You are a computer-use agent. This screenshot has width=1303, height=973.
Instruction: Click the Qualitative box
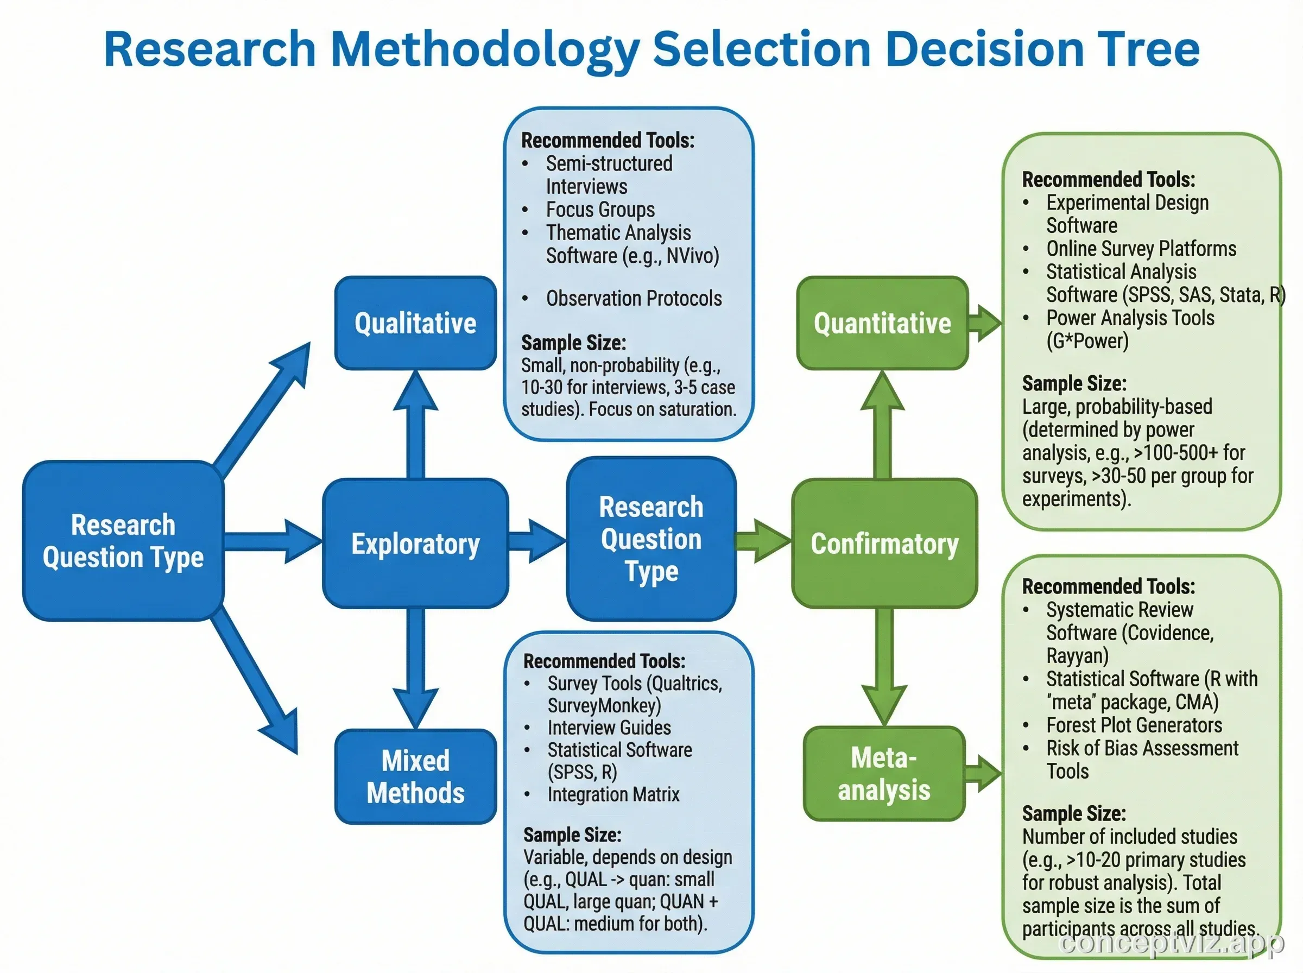[415, 323]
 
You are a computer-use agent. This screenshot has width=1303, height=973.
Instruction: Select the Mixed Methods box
[415, 776]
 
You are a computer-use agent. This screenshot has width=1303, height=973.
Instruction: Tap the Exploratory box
[415, 543]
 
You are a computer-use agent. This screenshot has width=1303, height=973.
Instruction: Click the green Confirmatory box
[884, 543]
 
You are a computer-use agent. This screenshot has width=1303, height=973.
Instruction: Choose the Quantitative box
[882, 323]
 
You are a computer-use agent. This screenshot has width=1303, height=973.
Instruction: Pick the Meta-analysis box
[884, 773]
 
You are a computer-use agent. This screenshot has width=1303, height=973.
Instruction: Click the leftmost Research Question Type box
[123, 541]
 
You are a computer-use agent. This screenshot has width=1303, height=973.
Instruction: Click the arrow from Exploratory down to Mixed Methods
[416, 668]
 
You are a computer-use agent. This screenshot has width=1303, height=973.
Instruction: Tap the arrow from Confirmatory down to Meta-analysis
[884, 666]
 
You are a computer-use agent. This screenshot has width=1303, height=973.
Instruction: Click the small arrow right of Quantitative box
[984, 323]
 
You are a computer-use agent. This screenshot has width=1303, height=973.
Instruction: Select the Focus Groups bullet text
[599, 210]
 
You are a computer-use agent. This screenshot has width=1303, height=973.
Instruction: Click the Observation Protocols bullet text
[634, 299]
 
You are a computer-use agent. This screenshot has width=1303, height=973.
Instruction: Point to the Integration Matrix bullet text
[613, 794]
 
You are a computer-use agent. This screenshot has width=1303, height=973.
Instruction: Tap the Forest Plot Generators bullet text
[1134, 725]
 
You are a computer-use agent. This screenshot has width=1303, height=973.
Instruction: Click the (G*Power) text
[1087, 341]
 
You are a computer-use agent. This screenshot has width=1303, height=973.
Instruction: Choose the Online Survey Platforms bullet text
[1141, 249]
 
